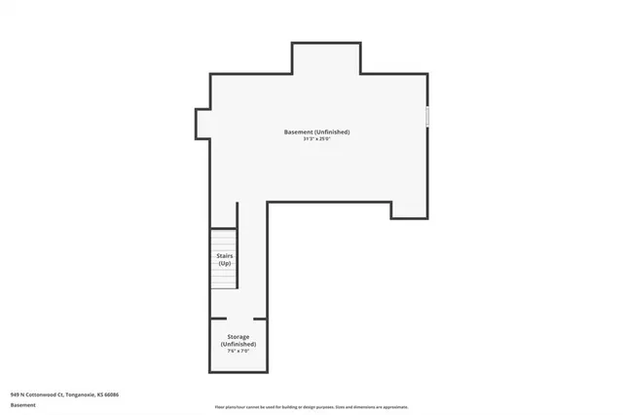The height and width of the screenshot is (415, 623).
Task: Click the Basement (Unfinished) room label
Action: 316,132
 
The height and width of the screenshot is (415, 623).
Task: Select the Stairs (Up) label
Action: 225,259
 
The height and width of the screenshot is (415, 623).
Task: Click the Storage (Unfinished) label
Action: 238,341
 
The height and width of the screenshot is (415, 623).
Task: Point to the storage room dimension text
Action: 238,351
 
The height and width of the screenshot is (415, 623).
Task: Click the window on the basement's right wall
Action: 427,117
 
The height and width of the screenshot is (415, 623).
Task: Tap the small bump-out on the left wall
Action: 202,123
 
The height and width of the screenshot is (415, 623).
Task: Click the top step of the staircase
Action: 225,232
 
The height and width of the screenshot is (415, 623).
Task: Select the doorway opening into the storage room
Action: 240,319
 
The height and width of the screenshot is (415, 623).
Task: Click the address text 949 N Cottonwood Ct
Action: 43,395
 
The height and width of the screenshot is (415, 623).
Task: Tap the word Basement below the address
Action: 23,404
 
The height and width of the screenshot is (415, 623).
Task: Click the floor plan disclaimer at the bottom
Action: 311,407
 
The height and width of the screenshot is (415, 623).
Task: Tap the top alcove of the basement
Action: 326,58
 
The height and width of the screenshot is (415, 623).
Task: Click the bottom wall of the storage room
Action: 238,372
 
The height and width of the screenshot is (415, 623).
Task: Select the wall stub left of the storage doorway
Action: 218,319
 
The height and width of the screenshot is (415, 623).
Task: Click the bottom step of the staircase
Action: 225,285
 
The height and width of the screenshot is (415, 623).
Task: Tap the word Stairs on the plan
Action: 225,255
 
